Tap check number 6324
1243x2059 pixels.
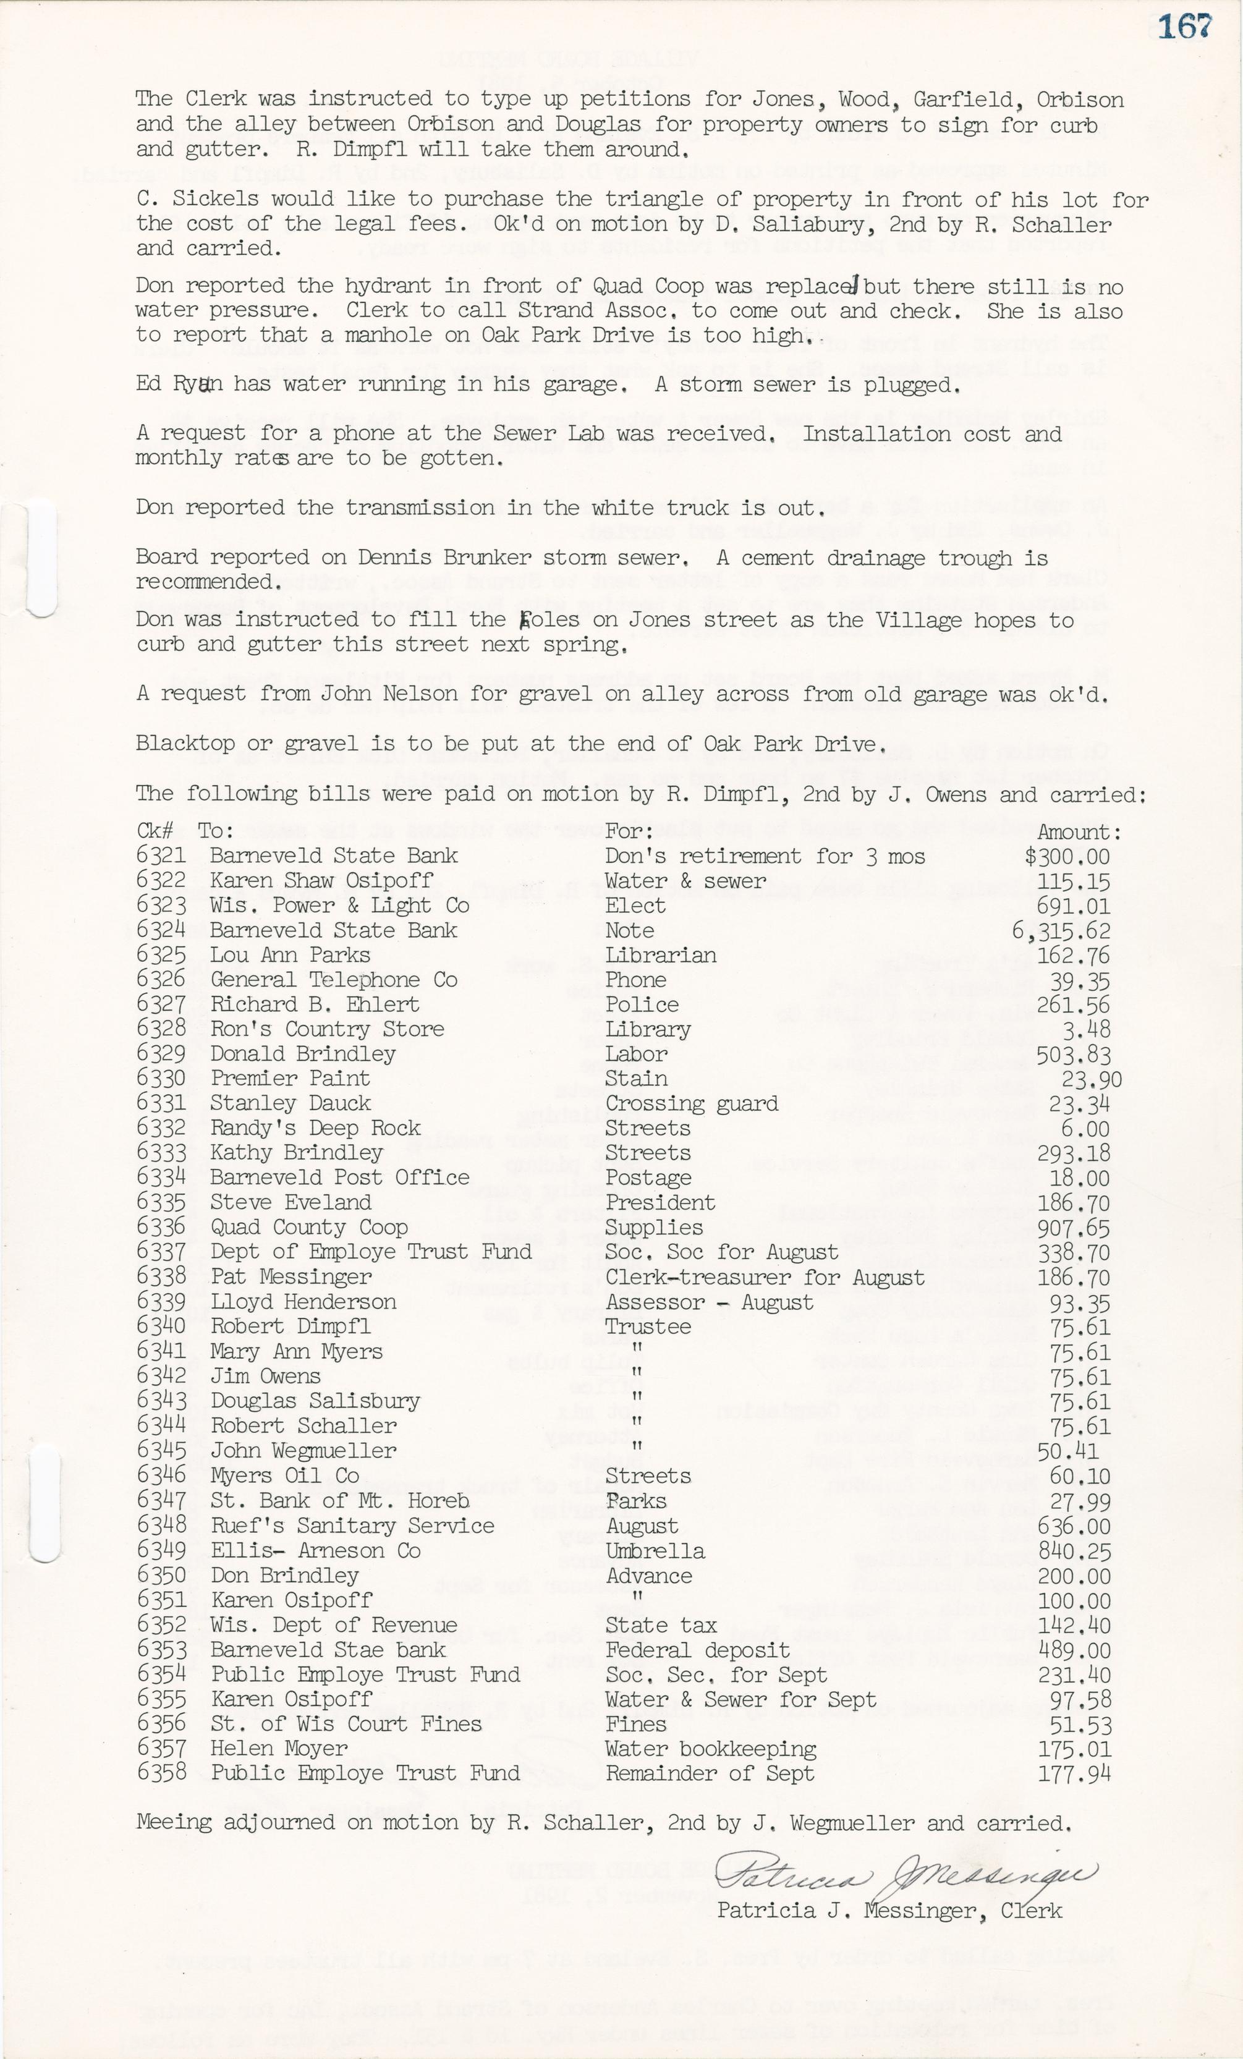point(160,930)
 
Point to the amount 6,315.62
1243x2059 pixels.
point(1060,931)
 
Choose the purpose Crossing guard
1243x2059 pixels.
point(691,1104)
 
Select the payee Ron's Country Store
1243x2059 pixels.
point(326,1030)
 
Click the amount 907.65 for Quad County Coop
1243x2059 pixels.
point(1074,1228)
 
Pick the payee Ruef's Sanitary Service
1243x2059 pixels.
point(352,1526)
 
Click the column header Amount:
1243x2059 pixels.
point(1079,832)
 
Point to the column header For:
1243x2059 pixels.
point(628,831)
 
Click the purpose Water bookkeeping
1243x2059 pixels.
point(710,1749)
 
